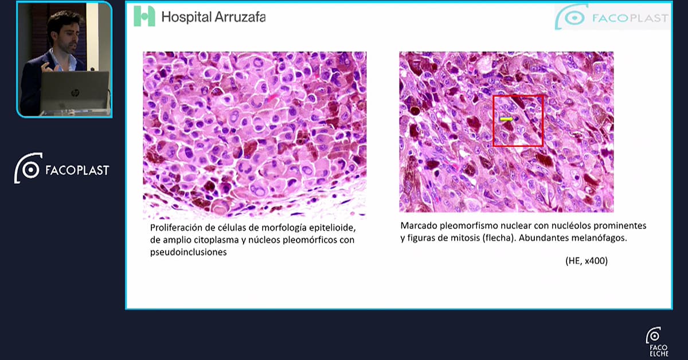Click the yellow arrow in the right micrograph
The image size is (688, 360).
point(507,119)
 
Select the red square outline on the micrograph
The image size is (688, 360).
point(493,121)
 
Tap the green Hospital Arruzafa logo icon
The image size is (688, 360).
point(144,16)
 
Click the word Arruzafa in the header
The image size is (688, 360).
point(240,17)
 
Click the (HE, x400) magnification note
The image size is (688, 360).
point(587,261)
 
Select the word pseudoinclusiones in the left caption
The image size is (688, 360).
point(188,252)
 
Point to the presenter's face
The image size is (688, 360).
point(69,37)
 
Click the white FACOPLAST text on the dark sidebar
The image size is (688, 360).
point(77,170)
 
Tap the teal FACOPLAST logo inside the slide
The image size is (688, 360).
point(612,17)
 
